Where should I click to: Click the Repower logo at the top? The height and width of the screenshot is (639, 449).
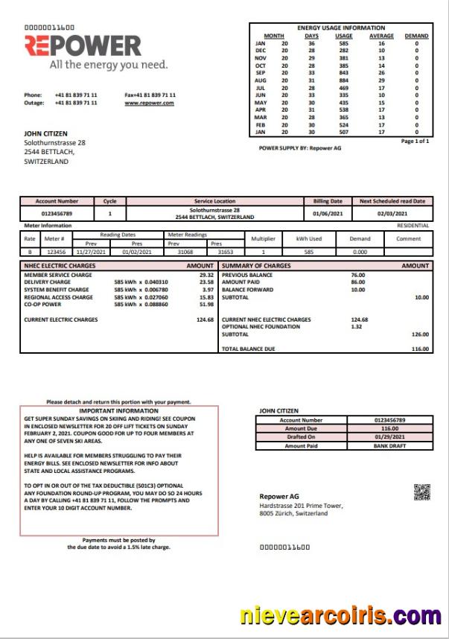83,46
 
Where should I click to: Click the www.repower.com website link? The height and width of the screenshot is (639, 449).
150,103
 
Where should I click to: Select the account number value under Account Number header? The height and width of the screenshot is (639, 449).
57,214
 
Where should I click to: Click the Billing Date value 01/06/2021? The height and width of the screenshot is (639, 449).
326,214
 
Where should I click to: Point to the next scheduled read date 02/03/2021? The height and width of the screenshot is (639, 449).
392,214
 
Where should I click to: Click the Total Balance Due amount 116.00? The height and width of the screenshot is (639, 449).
421,349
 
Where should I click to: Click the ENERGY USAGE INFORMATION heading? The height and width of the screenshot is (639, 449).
341,28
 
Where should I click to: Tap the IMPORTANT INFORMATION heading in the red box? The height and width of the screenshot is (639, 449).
118,410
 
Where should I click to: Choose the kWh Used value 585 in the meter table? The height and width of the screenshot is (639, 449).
308,252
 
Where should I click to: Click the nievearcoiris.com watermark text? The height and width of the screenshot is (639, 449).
340,616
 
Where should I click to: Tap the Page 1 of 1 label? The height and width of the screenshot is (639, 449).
415,141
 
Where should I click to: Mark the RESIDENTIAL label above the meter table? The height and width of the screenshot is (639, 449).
413,225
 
